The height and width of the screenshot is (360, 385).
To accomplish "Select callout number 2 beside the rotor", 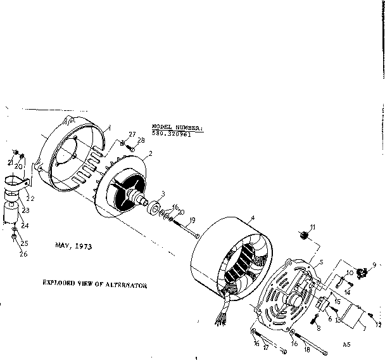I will coord(149,154).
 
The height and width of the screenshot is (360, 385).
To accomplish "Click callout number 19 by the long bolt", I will coord(192,219).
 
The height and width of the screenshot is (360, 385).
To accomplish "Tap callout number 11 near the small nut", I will coord(311,226).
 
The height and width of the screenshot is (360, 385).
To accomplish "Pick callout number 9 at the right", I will coord(374,265).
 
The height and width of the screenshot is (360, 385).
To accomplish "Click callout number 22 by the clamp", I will coord(30,198).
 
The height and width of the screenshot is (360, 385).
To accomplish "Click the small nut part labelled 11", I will coord(303,236).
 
